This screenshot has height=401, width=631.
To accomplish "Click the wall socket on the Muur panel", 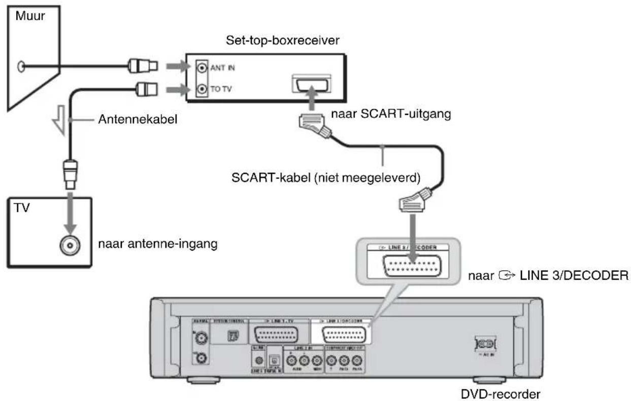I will (20, 66).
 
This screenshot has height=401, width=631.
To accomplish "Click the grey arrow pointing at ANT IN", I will (183, 67).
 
